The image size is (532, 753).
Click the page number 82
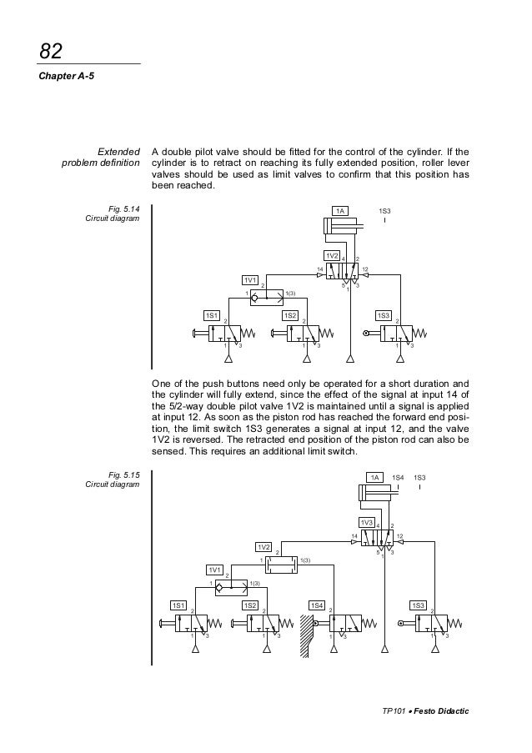pos(52,52)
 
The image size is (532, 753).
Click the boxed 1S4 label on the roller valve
pos(318,605)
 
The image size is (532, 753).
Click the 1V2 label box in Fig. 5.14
pos(332,254)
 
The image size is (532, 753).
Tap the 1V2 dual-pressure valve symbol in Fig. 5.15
pos(279,565)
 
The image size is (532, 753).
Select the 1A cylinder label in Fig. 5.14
pos(341,212)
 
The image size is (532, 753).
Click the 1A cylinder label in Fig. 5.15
pos(377,477)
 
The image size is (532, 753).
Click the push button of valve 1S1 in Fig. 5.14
pos(195,334)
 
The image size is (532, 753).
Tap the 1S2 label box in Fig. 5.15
pos(249,605)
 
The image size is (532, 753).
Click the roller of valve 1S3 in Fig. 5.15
pos(402,623)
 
